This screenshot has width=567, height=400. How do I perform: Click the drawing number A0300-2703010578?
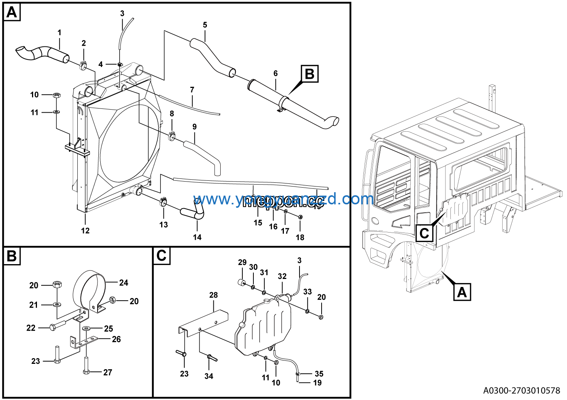[x=522, y=390]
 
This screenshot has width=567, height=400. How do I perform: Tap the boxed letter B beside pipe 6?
[x=309, y=74]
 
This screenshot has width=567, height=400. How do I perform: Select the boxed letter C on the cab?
[x=424, y=233]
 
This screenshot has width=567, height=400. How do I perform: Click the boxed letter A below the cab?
[x=462, y=292]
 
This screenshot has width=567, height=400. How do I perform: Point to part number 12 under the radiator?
[x=85, y=231]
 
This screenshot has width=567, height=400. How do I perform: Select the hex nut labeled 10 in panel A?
[x=56, y=95]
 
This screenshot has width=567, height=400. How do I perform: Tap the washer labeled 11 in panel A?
[x=56, y=112]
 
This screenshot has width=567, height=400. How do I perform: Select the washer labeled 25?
[x=86, y=328]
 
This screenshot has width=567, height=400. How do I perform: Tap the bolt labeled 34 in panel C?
[x=211, y=357]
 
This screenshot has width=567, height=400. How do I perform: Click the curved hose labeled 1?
[x=42, y=54]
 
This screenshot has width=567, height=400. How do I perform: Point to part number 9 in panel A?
[x=194, y=127]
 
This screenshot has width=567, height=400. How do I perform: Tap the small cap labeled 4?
[x=119, y=64]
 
